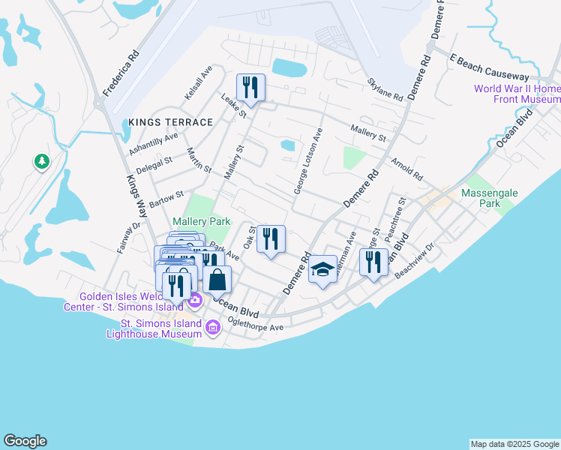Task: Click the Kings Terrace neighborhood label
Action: click(x=170, y=121)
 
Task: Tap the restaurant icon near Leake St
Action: click(x=250, y=87)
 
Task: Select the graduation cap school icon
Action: click(x=322, y=270)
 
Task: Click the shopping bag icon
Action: click(x=217, y=280)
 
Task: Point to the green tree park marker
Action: click(x=42, y=161)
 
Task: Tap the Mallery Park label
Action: click(x=200, y=222)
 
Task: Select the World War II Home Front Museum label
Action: click(x=517, y=94)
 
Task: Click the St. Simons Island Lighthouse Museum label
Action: click(x=162, y=328)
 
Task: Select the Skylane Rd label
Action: click(x=385, y=89)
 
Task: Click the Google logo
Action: click(x=25, y=441)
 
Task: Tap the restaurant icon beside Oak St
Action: click(x=271, y=238)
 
